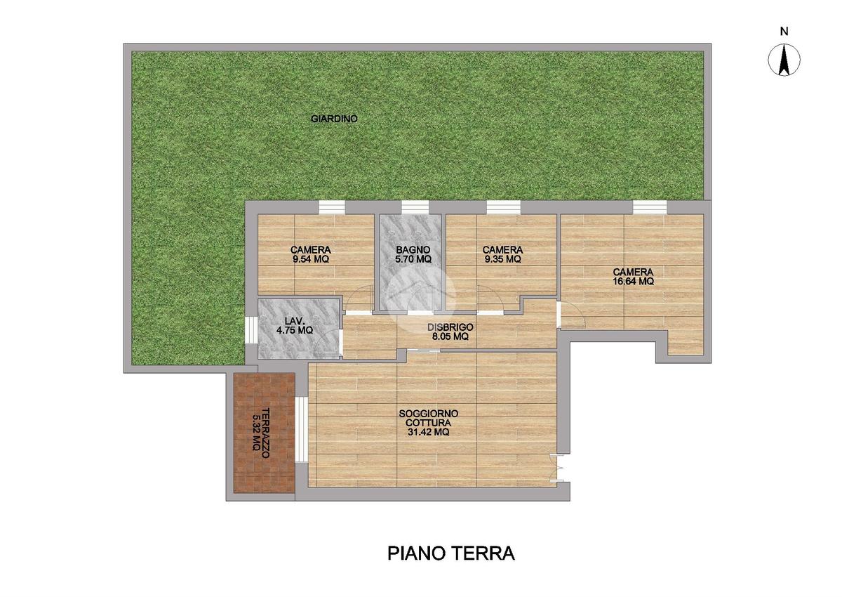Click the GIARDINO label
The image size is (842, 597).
tap(334, 119)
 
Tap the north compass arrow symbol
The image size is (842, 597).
tap(784, 60)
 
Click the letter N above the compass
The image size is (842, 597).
tap(784, 32)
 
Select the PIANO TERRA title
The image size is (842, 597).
tap(450, 553)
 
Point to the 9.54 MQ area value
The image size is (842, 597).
tap(310, 259)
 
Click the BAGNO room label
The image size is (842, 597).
tap(413, 250)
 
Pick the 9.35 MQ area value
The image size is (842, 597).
tap(502, 259)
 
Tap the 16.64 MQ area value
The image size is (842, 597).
tap(634, 282)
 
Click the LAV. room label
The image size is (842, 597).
tap(294, 321)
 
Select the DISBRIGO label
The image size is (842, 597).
tap(450, 327)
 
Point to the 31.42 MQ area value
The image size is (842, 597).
tap(429, 432)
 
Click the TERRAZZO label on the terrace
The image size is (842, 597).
tap(266, 433)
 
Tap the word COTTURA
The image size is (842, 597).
tap(429, 423)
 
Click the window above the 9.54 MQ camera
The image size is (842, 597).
tap(331, 207)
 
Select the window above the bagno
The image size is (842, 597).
tap(415, 207)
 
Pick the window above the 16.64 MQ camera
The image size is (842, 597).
tap(650, 207)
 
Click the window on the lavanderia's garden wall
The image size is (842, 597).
tap(251, 330)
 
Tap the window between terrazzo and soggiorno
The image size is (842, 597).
tap(302, 429)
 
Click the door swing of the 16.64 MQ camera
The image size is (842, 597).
tap(572, 315)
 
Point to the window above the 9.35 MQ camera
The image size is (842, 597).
tap(504, 207)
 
